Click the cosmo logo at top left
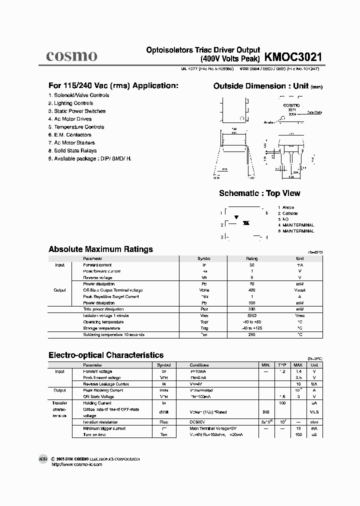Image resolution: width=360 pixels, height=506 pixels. click(x=71, y=56)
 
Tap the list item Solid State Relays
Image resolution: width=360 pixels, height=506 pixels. click(x=72, y=150)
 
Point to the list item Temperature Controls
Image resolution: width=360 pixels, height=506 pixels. click(x=75, y=127)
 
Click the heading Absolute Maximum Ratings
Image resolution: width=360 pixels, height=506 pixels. click(x=100, y=249)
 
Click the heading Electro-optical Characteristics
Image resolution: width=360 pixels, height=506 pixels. click(x=105, y=355)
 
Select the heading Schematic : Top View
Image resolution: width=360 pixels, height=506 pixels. click(x=259, y=193)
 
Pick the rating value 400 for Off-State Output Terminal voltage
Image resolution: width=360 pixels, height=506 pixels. click(x=251, y=290)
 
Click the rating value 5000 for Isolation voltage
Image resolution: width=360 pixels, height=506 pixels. click(x=251, y=315)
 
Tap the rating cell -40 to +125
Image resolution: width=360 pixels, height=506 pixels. click(x=251, y=328)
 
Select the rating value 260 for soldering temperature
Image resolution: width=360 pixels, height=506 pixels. click(x=251, y=334)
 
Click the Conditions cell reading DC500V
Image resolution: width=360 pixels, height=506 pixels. click(x=198, y=422)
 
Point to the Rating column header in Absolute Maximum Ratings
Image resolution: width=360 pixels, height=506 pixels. click(x=251, y=258)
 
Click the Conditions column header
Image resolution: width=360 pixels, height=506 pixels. click(x=199, y=365)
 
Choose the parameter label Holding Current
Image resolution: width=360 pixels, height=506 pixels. click(x=97, y=402)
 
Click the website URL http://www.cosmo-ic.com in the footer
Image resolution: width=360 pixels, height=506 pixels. click(x=76, y=464)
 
